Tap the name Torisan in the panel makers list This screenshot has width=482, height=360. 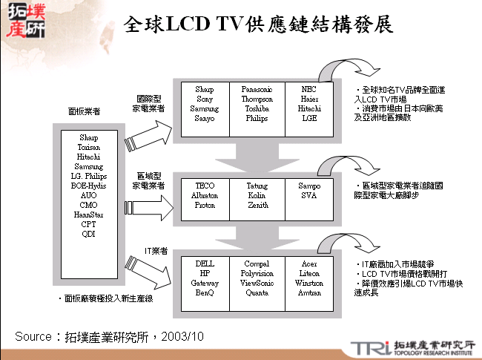tap(88, 147)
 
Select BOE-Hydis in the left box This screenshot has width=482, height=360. tap(88, 186)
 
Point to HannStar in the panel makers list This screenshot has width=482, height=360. tap(88, 215)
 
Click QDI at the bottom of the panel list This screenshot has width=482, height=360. tap(88, 234)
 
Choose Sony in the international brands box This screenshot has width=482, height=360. tap(205, 99)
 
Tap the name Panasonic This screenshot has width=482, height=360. tap(257, 89)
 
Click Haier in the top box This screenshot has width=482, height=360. tap(310, 99)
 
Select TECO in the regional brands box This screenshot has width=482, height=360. tap(205, 185)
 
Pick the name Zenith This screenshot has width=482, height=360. tap(257, 204)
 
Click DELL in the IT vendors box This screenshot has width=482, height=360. tap(205, 264)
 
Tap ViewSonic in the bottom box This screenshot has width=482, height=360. tap(257, 283)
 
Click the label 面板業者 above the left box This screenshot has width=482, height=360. tap(84, 111)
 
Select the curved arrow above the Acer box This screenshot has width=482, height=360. tap(337, 244)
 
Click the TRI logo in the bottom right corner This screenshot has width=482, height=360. tap(366, 347)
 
